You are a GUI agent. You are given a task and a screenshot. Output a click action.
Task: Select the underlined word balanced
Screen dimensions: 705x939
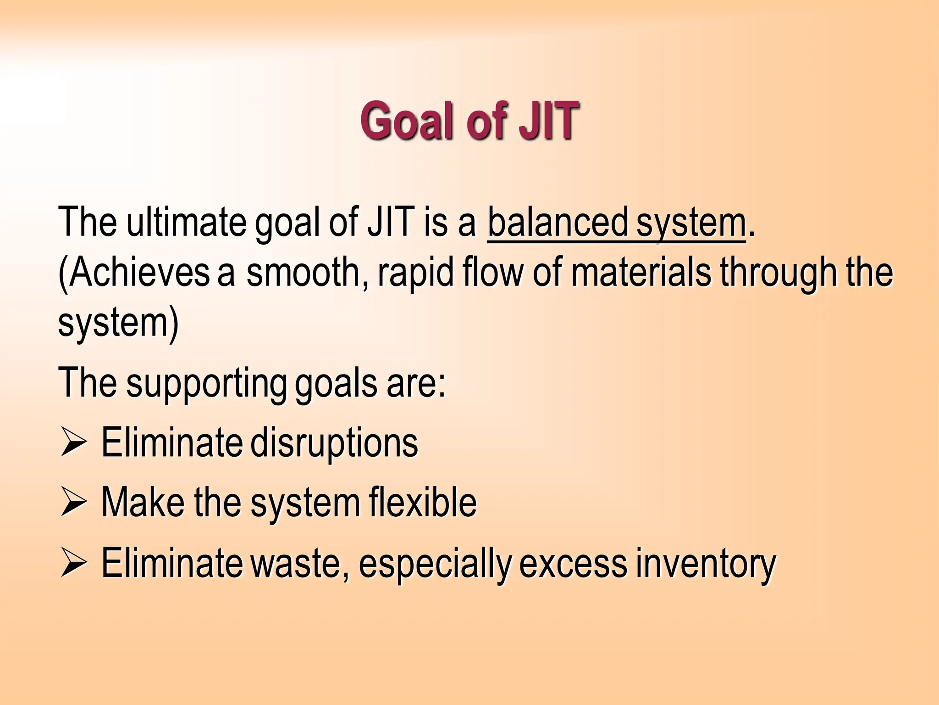[x=558, y=223]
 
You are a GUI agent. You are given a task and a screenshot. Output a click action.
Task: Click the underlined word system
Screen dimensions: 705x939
[x=691, y=223]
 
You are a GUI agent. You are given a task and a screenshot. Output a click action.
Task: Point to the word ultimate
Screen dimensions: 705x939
[x=186, y=223]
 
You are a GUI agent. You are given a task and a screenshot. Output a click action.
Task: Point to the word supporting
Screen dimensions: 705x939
[x=206, y=383]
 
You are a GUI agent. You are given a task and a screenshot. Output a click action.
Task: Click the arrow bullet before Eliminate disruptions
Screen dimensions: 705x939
[x=73, y=442]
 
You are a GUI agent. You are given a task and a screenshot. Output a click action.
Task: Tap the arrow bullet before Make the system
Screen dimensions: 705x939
[x=73, y=502]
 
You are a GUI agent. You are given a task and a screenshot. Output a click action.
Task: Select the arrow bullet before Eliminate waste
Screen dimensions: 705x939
[x=73, y=563]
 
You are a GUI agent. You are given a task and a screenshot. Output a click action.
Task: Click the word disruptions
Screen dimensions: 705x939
[x=334, y=442]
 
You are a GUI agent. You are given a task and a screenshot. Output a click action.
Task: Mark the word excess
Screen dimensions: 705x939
[x=573, y=564]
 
